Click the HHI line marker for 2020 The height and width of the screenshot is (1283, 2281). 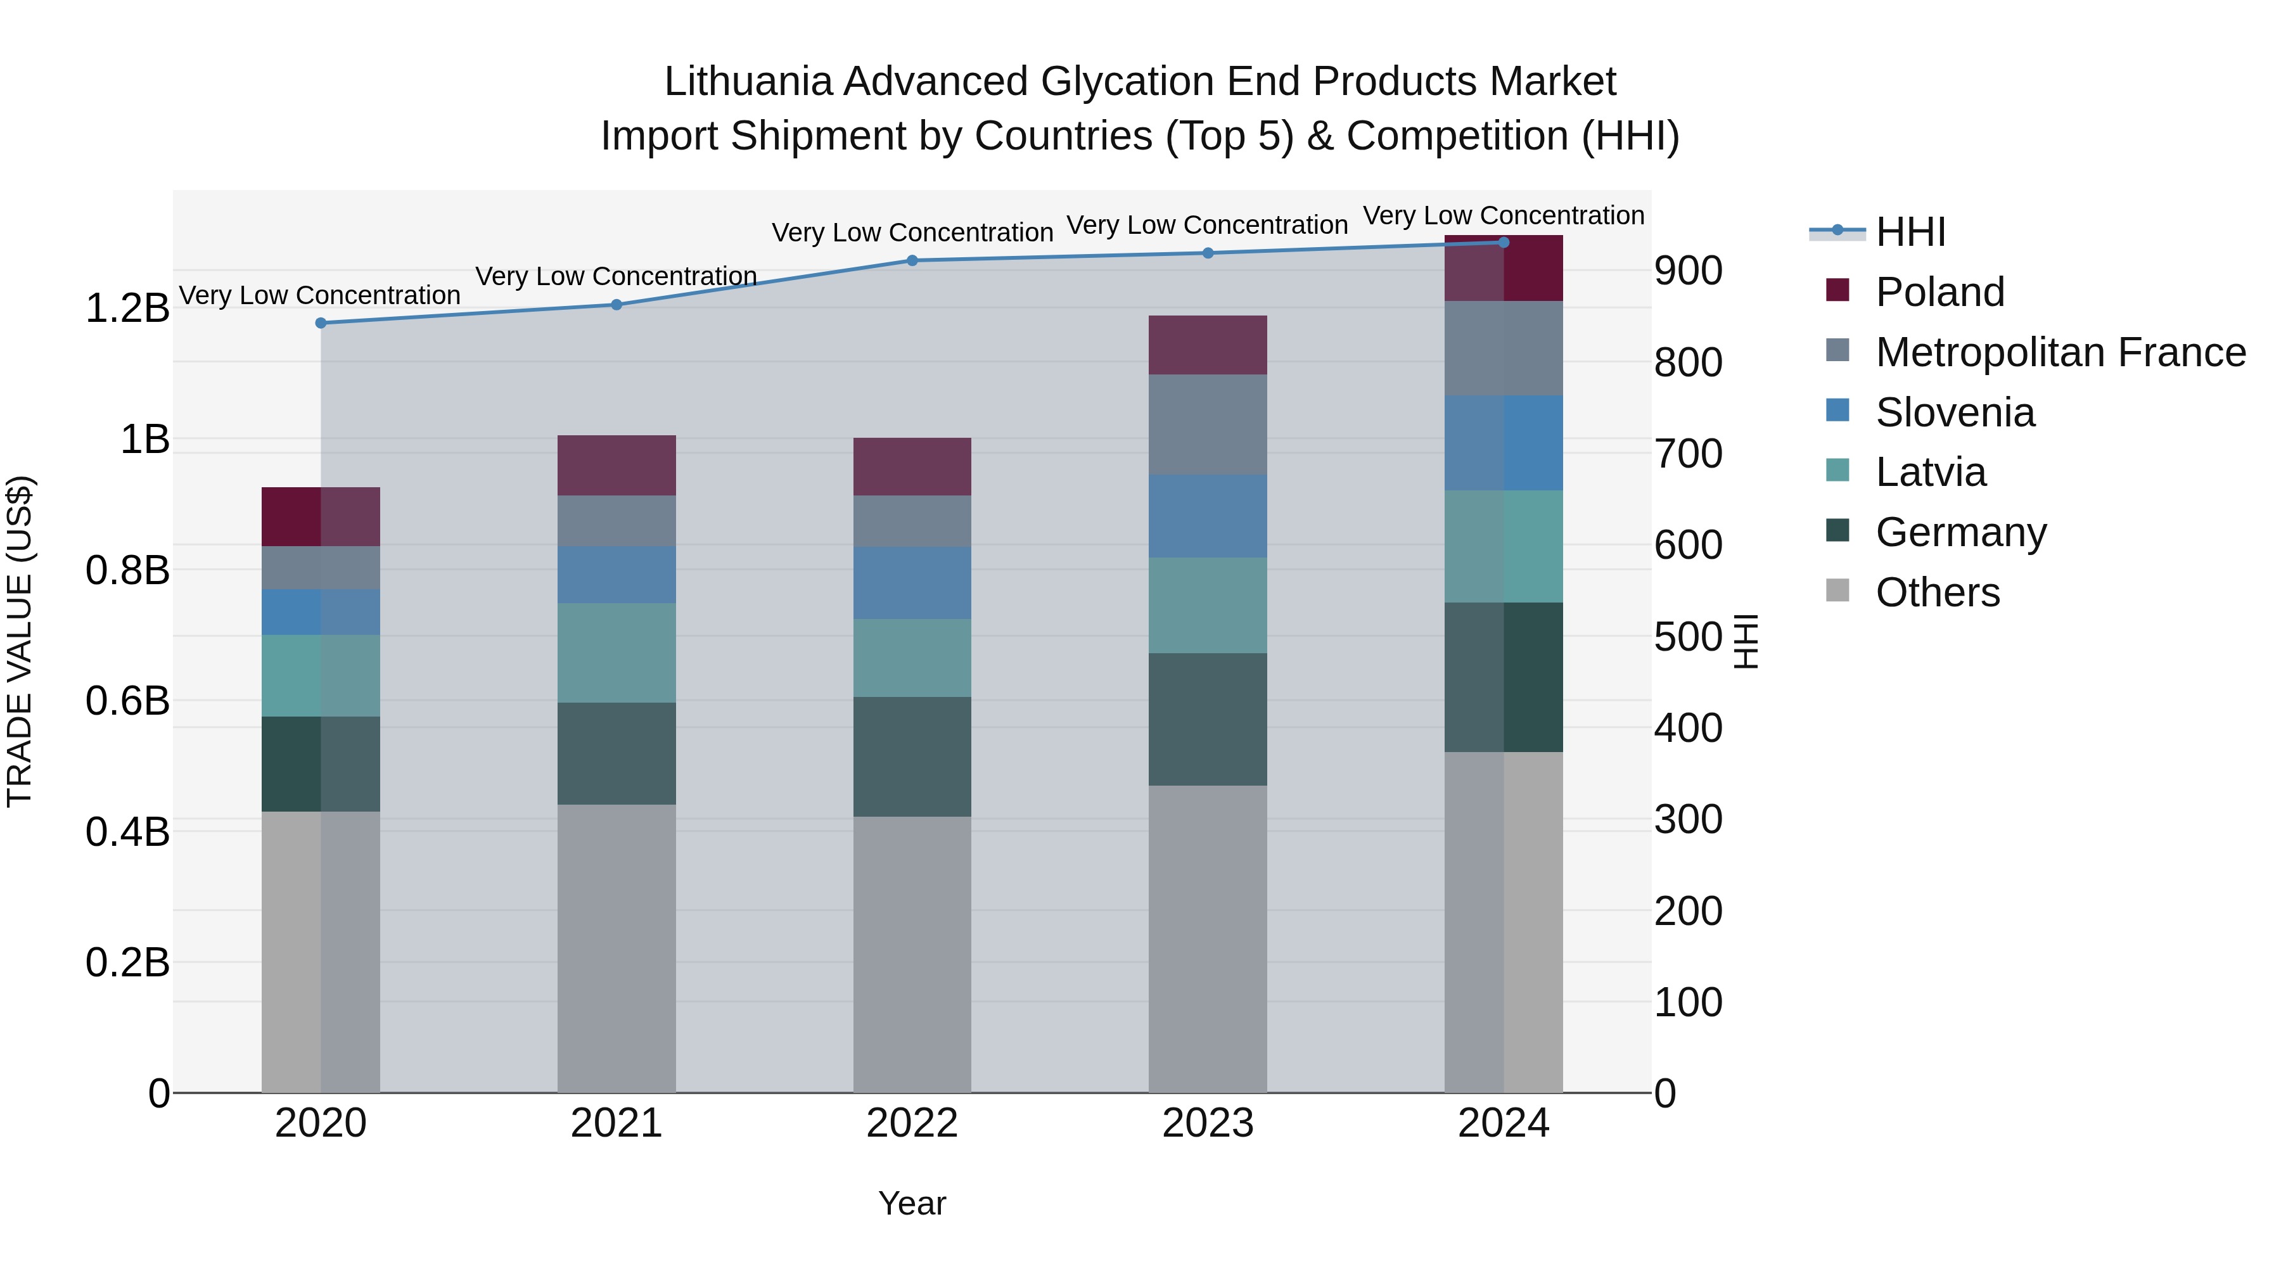click(x=321, y=323)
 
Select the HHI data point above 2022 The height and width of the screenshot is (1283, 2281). click(x=912, y=260)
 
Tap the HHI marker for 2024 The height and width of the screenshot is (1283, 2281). click(x=1503, y=243)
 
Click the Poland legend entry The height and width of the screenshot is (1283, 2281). click(x=1939, y=292)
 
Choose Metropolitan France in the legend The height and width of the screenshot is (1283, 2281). click(x=2060, y=352)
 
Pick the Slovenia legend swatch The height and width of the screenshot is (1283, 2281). click(x=1837, y=411)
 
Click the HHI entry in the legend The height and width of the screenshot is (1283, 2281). click(x=1910, y=232)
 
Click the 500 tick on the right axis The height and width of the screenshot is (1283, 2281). click(x=1688, y=637)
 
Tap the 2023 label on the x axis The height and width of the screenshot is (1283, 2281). click(x=1207, y=1123)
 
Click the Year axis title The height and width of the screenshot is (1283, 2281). click(x=912, y=1203)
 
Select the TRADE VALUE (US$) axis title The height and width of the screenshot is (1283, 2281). click(x=20, y=641)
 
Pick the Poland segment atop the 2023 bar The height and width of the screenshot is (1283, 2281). click(x=1207, y=345)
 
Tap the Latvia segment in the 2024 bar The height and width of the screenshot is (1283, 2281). click(x=1503, y=546)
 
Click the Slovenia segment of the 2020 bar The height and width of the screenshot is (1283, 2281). click(x=321, y=612)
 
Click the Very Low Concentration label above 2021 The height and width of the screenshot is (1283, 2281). click(x=617, y=276)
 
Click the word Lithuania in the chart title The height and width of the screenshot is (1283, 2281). click(x=748, y=82)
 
